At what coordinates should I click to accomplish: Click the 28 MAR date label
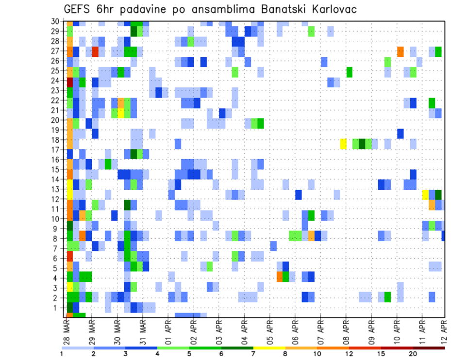tap(67, 331)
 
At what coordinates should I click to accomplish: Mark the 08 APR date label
tap(346, 331)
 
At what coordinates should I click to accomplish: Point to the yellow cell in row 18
tap(343, 144)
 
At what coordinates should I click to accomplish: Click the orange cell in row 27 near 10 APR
tap(400, 51)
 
